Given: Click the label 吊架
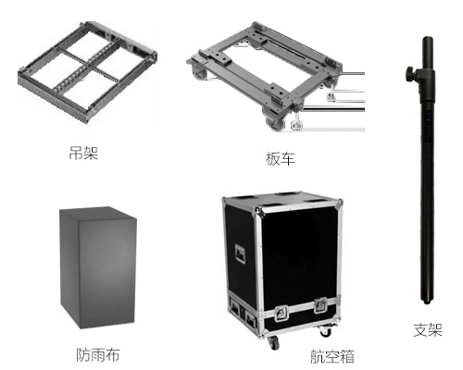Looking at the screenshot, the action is (83, 153).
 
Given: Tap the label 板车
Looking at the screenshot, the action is (281, 159).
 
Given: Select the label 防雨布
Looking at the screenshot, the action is (98, 355).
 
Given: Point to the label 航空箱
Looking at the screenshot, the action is (332, 356).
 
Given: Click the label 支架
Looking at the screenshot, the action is (428, 329).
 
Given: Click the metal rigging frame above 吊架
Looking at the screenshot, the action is (87, 72).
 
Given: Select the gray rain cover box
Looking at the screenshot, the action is (98, 267).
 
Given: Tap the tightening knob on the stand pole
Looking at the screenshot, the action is (410, 73).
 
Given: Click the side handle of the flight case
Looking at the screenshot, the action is (240, 254).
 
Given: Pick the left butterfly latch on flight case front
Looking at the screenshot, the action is (282, 313).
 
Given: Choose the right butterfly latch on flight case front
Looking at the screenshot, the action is (320, 305).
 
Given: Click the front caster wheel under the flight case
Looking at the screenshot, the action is (274, 342).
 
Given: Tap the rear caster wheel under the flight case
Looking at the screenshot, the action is (326, 331).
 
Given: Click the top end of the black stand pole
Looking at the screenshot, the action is (428, 38).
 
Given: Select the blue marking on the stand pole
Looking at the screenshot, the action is (429, 117).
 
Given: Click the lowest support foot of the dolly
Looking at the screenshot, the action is (296, 125).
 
